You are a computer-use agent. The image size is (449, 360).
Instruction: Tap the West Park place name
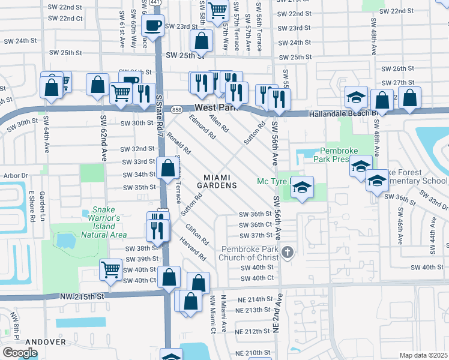212,107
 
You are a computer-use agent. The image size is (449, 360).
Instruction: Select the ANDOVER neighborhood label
45,341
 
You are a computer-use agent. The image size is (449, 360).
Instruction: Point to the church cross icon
288,251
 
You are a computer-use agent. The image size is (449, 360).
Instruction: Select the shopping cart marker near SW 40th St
110,271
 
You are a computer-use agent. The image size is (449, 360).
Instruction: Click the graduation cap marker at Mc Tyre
303,188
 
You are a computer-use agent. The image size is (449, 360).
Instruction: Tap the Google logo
20,352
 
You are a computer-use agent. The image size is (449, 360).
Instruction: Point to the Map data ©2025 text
423,355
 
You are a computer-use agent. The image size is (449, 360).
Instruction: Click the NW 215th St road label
82,296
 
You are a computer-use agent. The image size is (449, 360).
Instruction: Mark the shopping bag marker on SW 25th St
202,43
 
